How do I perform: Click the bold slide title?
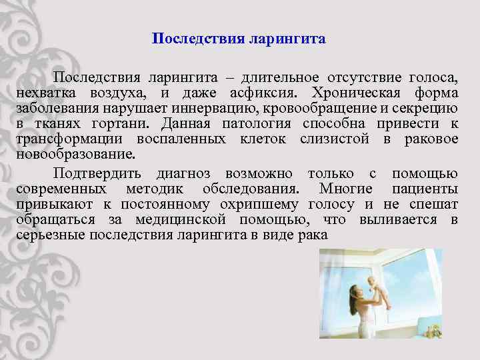coord(239,39)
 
